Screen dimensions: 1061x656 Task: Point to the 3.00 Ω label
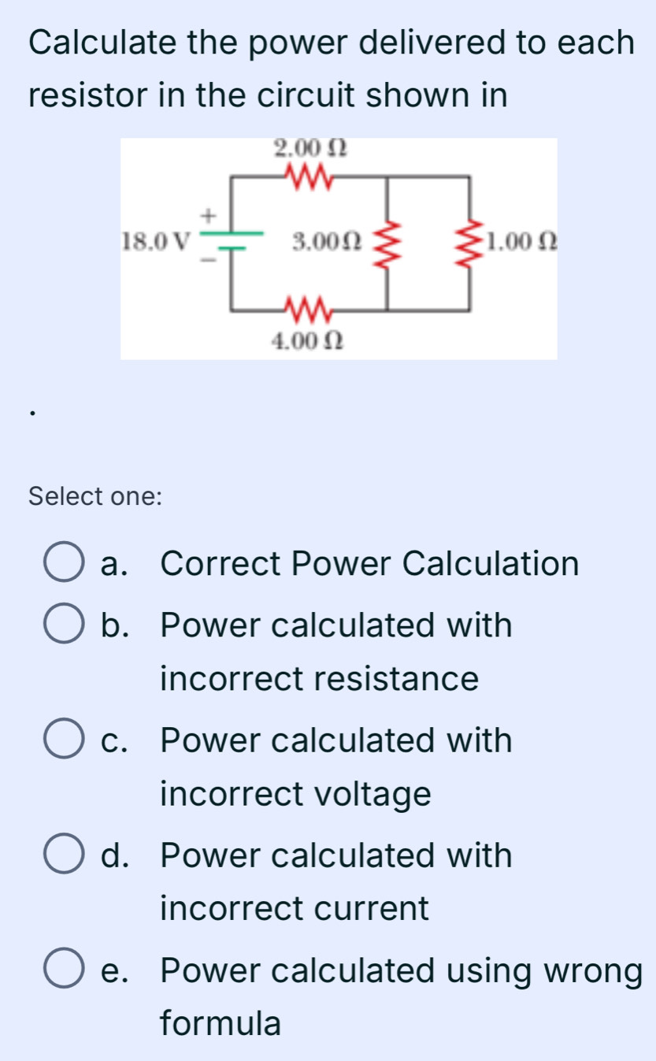(x=326, y=240)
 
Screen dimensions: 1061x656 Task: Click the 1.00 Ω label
(x=522, y=240)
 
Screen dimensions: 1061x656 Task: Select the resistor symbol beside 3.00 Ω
(x=386, y=242)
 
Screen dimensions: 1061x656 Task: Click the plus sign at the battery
(x=208, y=213)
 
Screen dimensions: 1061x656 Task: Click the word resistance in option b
(x=319, y=679)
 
